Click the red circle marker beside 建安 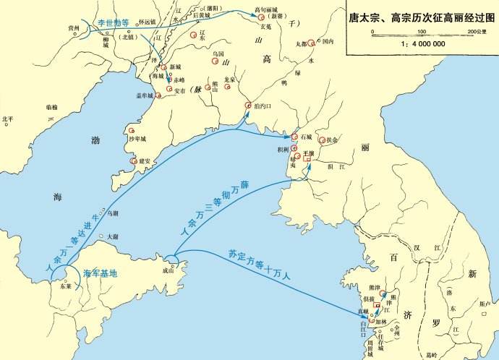coord(132,161)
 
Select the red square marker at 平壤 coord(307,159)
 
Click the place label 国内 coord(328,42)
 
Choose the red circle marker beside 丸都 coord(311,43)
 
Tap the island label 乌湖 coord(111,213)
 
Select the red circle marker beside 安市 coord(169,90)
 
